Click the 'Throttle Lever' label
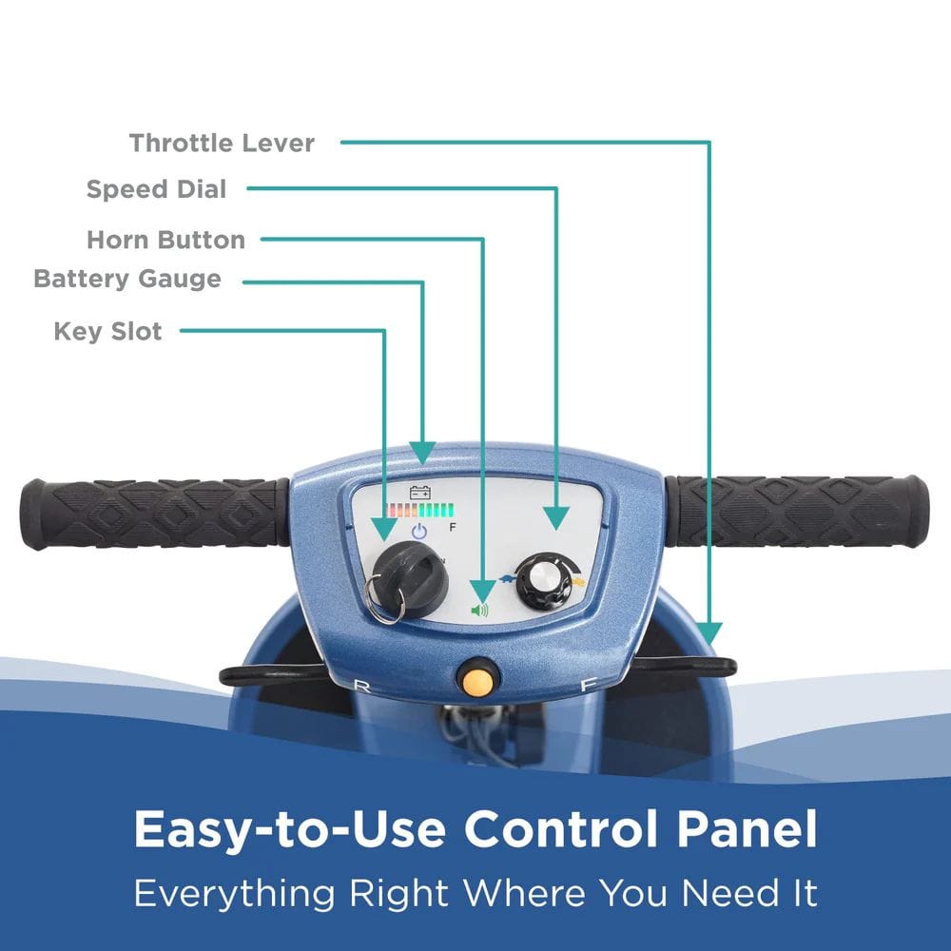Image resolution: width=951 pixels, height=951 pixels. (222, 144)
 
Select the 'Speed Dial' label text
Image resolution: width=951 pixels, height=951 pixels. (157, 189)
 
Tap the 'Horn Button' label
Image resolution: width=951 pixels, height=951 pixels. (165, 240)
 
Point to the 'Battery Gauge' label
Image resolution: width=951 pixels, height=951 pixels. (127, 279)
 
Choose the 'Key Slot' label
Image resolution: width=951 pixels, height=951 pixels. (107, 332)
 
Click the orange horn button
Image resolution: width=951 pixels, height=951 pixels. (475, 679)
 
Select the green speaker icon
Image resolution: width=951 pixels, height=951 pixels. (479, 610)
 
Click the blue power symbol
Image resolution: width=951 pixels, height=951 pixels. (419, 532)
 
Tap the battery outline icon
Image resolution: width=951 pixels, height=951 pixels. (420, 493)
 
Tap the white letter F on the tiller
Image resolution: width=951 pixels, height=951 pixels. (588, 684)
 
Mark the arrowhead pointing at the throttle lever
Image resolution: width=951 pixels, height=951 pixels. (708, 634)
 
